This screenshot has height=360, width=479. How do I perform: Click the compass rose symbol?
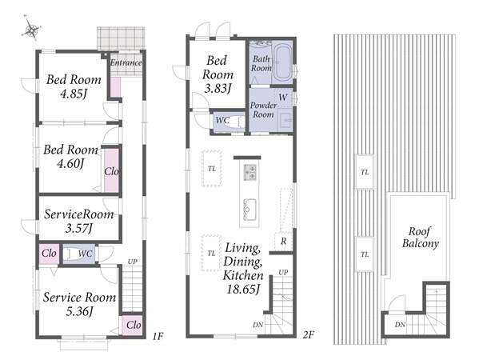(31, 28)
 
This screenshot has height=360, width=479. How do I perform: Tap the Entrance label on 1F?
(126, 62)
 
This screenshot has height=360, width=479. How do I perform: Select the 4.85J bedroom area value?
(74, 94)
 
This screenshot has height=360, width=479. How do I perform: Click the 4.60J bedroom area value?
(70, 163)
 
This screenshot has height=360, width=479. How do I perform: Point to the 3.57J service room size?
(79, 228)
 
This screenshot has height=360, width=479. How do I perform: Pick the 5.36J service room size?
(79, 311)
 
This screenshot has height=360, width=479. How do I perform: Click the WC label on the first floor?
(85, 254)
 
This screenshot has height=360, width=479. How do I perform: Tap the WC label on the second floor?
(222, 120)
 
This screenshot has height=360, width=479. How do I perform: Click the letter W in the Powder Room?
(283, 98)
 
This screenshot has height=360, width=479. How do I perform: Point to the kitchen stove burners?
(249, 172)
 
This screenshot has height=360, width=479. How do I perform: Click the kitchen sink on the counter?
(249, 210)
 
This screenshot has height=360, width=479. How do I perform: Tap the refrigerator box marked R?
(284, 242)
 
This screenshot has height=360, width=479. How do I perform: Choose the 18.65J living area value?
(243, 289)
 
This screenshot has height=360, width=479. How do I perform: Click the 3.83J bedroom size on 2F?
(218, 89)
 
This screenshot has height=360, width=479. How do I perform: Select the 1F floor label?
(158, 337)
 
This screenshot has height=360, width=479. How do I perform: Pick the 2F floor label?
(308, 335)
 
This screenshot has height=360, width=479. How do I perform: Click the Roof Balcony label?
(421, 238)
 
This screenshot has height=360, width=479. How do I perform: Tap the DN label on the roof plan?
(400, 325)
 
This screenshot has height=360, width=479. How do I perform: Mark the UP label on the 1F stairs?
(132, 262)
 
